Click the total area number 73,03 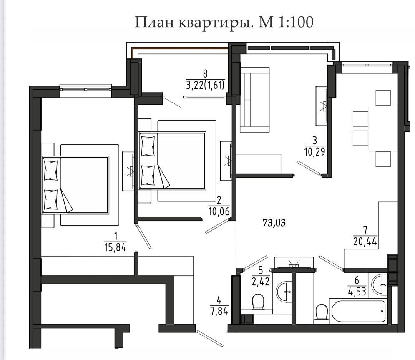click(x=274, y=223)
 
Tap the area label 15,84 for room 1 click(x=116, y=247)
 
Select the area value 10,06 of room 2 click(x=219, y=211)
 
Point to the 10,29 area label click(x=314, y=152)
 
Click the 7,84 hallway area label click(x=219, y=311)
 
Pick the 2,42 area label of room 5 click(x=261, y=282)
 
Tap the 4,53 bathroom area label click(x=357, y=291)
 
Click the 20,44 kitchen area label click(x=365, y=241)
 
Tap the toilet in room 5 click(x=258, y=301)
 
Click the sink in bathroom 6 click(x=379, y=284)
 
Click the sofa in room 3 click(x=254, y=100)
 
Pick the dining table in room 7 click(x=383, y=128)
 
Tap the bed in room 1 click(x=75, y=185)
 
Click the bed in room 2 click(x=173, y=161)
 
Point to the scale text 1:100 click(x=296, y=22)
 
